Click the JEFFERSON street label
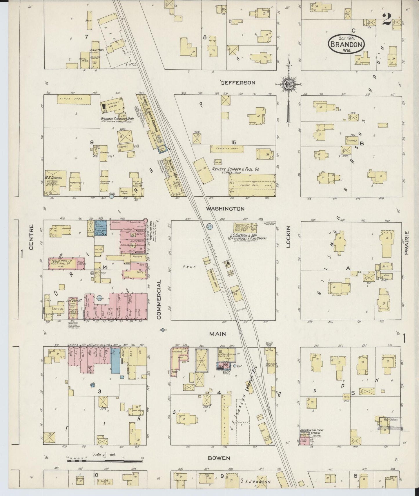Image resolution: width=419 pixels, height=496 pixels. [x=238, y=83]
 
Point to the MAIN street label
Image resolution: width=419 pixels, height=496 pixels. [x=217, y=334]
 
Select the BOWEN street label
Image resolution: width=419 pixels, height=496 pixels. [x=219, y=458]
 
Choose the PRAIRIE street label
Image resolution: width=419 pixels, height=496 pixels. [x=407, y=242]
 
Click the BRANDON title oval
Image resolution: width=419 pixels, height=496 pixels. [x=346, y=44]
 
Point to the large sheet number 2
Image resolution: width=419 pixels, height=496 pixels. [x=387, y=19]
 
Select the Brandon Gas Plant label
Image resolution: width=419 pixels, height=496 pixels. [x=312, y=430]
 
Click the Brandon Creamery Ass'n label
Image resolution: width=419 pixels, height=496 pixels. [x=116, y=119]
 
